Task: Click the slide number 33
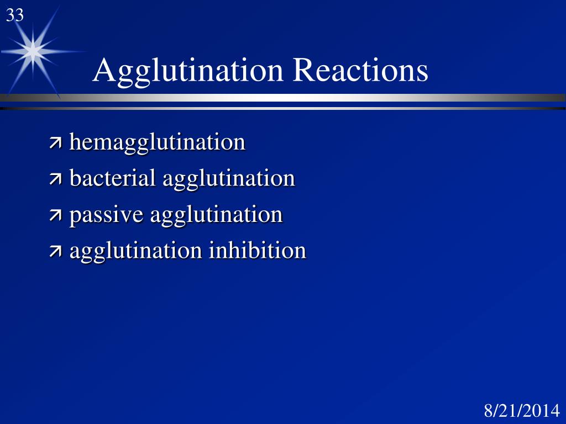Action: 15,15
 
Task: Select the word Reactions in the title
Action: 360,71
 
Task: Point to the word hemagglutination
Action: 157,143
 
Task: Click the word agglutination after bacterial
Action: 228,179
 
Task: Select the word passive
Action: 106,215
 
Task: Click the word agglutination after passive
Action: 216,215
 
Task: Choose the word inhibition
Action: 257,251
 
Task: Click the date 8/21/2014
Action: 522,411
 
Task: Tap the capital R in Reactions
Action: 302,71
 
